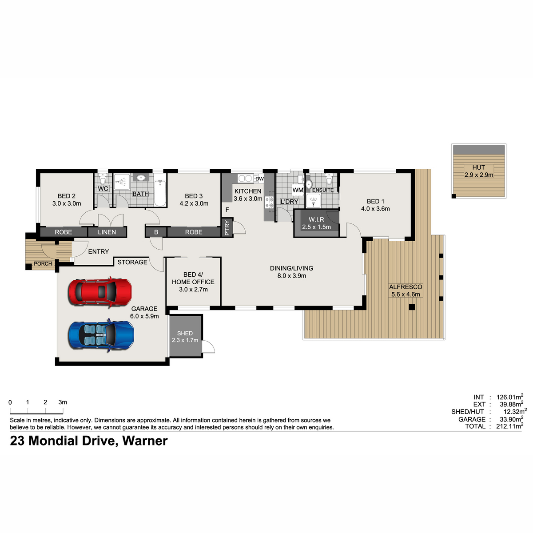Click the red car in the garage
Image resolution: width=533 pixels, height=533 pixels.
pyautogui.click(x=100, y=292)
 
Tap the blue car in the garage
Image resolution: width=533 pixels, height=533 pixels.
pyautogui.click(x=101, y=335)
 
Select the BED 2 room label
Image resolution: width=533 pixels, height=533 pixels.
pyautogui.click(x=66, y=196)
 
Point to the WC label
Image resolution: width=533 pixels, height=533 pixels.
pyautogui.click(x=103, y=189)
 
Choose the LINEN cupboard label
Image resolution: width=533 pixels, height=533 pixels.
pyautogui.click(x=107, y=232)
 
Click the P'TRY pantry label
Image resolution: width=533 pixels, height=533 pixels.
pyautogui.click(x=227, y=228)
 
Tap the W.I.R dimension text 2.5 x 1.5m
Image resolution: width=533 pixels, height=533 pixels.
pyautogui.click(x=316, y=227)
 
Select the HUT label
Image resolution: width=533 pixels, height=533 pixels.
pyautogui.click(x=478, y=167)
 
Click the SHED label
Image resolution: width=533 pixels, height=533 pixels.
pyautogui.click(x=185, y=333)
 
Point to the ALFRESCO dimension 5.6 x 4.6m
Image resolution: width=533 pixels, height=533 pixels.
pyautogui.click(x=406, y=294)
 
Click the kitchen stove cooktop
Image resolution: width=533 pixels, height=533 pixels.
pyautogui.click(x=269, y=202)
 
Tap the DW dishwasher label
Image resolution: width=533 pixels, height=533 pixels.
pyautogui.click(x=259, y=179)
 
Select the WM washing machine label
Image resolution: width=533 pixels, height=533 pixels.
pyautogui.click(x=298, y=190)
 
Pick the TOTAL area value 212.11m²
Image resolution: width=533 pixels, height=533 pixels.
pyautogui.click(x=509, y=426)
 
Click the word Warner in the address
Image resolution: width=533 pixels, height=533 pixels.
pyautogui.click(x=145, y=441)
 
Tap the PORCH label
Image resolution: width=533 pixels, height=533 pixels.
pyautogui.click(x=43, y=264)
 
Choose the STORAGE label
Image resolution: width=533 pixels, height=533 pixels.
pyautogui.click(x=132, y=262)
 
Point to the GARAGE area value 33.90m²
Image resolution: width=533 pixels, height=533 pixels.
pyautogui.click(x=511, y=419)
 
